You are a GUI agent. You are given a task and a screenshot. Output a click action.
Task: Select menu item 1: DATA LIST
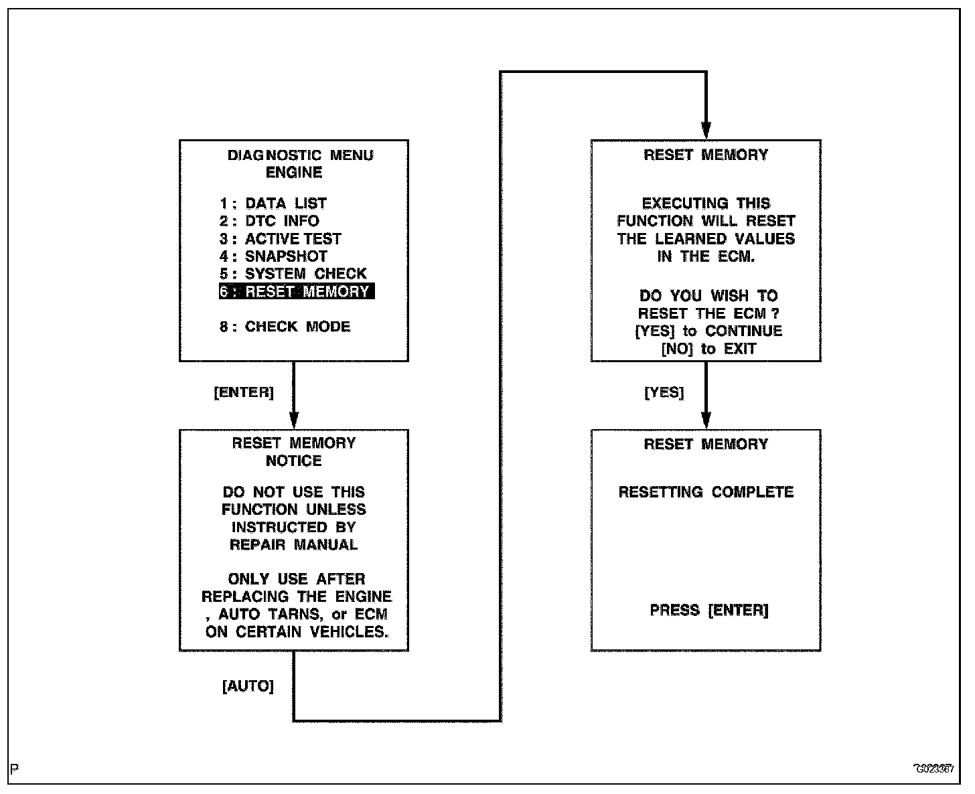(x=273, y=204)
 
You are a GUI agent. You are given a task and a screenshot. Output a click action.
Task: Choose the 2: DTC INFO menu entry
(x=269, y=221)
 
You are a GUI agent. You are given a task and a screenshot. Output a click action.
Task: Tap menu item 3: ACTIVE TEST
(x=281, y=239)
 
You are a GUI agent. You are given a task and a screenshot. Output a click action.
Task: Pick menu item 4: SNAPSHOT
(x=273, y=256)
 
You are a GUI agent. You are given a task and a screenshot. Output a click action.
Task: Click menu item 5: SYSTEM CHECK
(x=293, y=274)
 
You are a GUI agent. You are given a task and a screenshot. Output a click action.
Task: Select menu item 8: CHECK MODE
(x=285, y=327)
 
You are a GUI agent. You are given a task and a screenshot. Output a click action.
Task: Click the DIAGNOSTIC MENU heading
(x=300, y=155)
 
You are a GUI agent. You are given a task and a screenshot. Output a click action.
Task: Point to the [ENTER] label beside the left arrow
(x=244, y=393)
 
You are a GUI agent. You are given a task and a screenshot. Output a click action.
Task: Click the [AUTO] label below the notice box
(x=248, y=687)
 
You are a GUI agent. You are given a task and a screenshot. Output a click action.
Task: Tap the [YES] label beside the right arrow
(x=664, y=393)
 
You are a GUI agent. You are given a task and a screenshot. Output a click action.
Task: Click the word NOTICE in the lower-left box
(x=294, y=461)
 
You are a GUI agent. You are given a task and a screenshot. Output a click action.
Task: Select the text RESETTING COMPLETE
(x=706, y=492)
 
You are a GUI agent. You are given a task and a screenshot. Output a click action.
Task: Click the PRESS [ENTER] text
(x=708, y=611)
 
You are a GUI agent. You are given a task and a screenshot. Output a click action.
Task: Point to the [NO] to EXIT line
(x=708, y=349)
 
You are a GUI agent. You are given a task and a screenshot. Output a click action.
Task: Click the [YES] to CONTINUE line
(x=708, y=331)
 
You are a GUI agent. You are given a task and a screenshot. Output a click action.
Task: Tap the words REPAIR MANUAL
(x=294, y=545)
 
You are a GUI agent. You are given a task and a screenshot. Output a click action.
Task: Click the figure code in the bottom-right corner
(x=934, y=769)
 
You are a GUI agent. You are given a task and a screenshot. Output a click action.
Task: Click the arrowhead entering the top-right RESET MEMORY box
(x=706, y=131)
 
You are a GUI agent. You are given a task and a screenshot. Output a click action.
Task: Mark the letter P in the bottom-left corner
(x=15, y=768)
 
